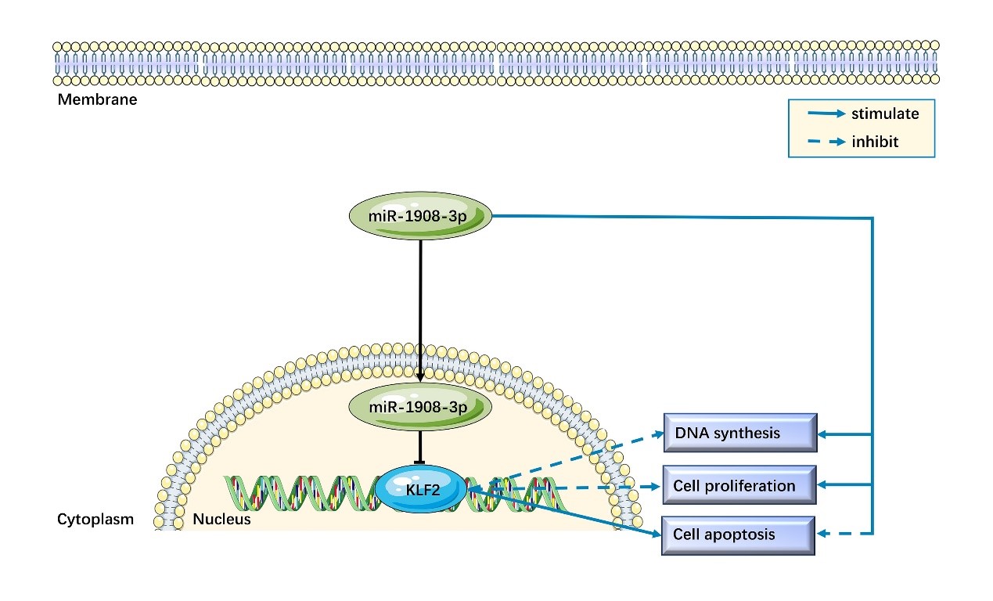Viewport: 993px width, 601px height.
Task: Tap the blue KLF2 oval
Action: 420,491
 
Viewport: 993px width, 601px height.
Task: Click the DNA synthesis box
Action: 739,433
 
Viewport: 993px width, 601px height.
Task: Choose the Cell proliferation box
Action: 739,485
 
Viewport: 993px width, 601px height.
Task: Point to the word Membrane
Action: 97,99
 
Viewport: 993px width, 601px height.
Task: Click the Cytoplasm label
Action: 95,519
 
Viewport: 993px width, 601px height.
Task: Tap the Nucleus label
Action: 222,519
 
